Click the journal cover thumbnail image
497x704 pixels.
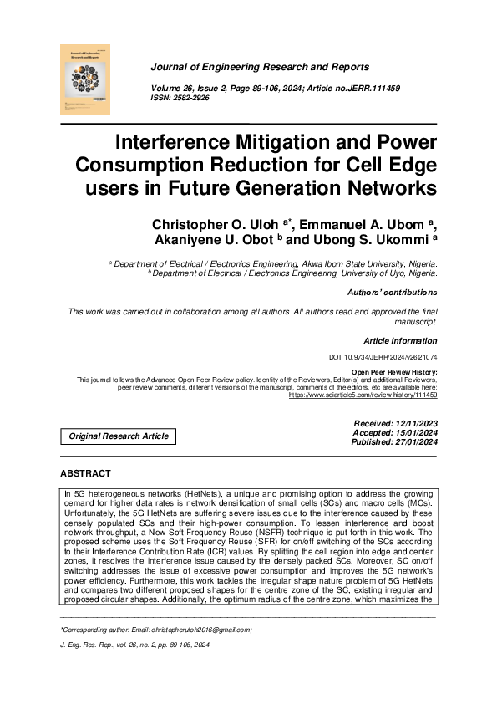tap(86, 79)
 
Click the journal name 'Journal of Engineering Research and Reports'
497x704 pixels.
tap(260, 67)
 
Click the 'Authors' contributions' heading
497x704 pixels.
tap(392, 293)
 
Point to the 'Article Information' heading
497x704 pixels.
tap(400, 341)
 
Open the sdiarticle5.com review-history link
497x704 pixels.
tap(363, 394)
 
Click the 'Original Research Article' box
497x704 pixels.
tap(119, 436)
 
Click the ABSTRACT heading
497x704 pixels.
tap(85, 473)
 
